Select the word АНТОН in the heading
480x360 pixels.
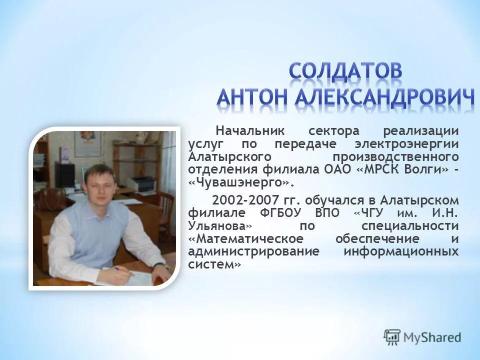coord(252,97)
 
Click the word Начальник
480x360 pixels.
coord(250,131)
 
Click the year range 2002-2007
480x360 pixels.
coord(244,200)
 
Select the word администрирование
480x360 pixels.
coord(253,251)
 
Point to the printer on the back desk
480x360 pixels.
coord(143,185)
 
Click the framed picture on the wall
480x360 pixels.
coord(87,143)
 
